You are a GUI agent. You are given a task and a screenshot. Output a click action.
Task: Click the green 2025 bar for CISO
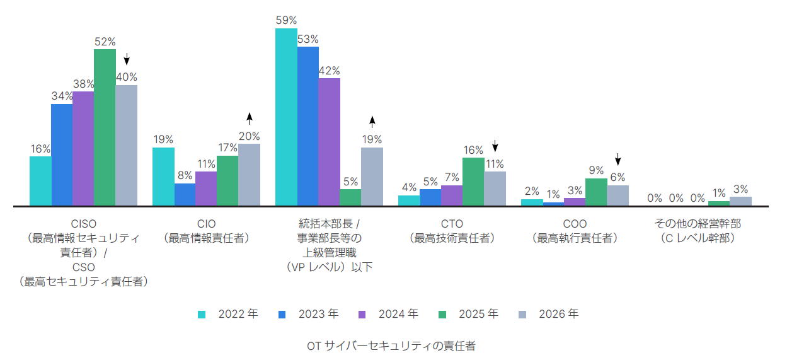point(105,127)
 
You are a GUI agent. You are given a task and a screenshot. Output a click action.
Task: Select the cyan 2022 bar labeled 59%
point(286,117)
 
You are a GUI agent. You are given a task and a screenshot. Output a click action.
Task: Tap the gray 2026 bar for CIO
point(249,175)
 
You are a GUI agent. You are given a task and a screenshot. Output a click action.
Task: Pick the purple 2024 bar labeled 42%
point(329,142)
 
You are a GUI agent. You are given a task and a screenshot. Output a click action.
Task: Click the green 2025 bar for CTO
point(473,182)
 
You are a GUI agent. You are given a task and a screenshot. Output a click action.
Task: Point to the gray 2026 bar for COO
point(618,195)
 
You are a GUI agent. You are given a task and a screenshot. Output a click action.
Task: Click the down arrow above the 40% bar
point(127,59)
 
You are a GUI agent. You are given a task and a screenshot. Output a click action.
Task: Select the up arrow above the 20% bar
point(249,119)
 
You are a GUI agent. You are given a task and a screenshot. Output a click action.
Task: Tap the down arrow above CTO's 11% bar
point(495,146)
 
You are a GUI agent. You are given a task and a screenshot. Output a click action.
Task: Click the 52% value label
point(105,42)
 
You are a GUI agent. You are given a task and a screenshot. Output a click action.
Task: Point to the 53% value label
point(307,39)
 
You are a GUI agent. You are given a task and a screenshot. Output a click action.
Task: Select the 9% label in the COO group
point(596,170)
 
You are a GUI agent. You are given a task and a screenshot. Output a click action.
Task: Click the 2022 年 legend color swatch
point(202,315)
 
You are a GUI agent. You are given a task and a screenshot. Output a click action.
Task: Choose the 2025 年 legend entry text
point(478,313)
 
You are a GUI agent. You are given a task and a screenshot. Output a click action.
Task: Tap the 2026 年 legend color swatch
point(522,315)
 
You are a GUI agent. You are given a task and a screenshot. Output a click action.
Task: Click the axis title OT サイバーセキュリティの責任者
point(391,346)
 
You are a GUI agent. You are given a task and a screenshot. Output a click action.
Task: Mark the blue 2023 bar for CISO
point(62,154)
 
